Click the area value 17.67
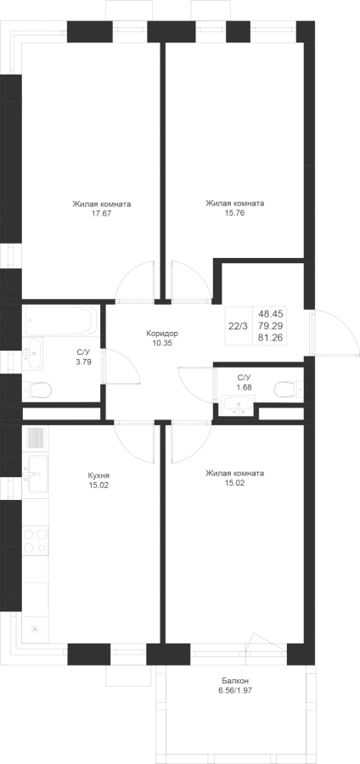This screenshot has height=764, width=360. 101,213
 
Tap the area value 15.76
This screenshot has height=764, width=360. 235,212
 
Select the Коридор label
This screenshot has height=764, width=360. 162,334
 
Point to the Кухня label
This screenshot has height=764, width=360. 98,475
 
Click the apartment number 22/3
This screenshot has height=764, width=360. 238,326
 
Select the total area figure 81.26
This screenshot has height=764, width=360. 273,337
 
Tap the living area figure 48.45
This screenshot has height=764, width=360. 273,314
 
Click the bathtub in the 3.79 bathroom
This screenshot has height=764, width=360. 61,321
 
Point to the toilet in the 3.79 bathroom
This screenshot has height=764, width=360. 37,390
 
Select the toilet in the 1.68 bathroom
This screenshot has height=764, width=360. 289,390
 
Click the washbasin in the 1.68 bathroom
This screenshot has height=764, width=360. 238,406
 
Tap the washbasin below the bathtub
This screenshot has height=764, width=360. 32,353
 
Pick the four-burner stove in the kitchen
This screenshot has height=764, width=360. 36,541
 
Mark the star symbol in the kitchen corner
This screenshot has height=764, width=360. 35,629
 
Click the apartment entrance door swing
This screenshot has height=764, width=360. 335,332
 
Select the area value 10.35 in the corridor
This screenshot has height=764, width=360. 162,343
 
